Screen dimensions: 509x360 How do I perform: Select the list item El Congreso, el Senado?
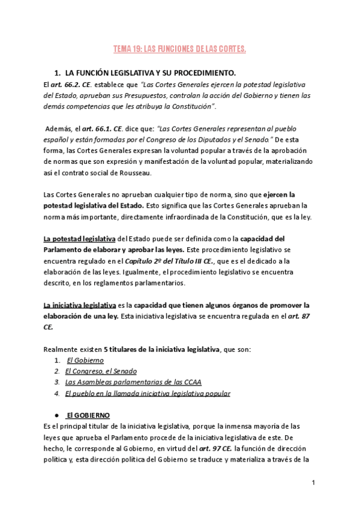[x=101, y=371]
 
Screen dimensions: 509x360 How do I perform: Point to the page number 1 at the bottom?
[x=313, y=483]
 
